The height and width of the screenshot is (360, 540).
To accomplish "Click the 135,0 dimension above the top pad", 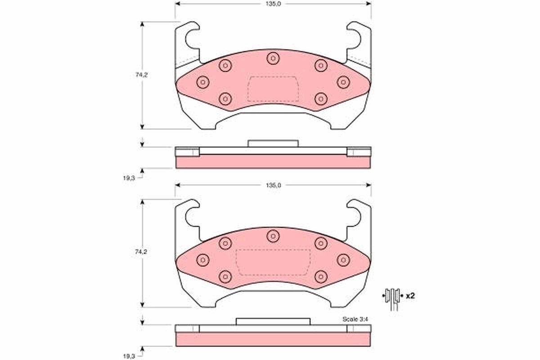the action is click(x=274, y=4).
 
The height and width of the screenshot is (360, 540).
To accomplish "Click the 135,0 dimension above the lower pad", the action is click(x=274, y=185).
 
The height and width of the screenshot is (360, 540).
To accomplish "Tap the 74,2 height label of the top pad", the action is click(x=141, y=75).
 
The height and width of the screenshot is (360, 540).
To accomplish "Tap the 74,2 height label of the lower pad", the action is click(x=141, y=252).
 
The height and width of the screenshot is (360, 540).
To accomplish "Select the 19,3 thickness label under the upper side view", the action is click(x=129, y=178).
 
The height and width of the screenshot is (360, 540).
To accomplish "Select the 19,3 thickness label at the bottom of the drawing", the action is click(x=129, y=356).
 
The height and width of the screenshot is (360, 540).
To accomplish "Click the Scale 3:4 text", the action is click(x=355, y=319).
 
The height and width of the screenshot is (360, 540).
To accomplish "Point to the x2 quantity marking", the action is click(x=410, y=296).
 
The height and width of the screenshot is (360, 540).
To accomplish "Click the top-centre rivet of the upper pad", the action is click(x=273, y=58).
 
